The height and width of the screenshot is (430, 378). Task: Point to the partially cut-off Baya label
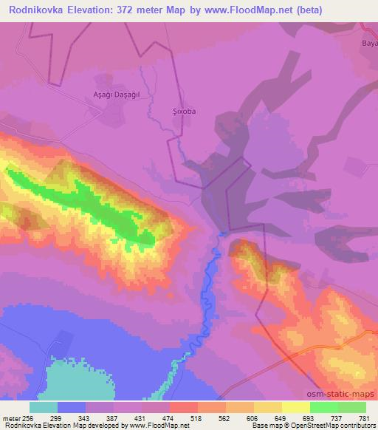pos(368,44)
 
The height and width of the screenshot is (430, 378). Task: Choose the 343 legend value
pos(86,417)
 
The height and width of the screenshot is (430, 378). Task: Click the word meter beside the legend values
pos(11,417)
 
